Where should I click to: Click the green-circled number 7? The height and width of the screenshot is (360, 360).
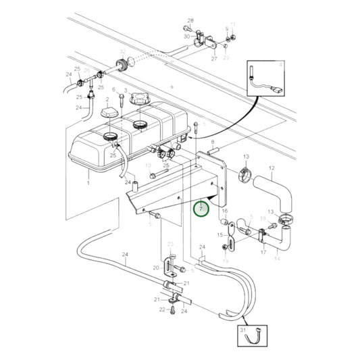point(201,209)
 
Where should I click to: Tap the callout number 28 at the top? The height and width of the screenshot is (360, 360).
point(190,22)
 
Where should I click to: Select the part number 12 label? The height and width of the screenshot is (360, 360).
point(272,168)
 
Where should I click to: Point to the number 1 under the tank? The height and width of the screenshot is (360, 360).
point(89,183)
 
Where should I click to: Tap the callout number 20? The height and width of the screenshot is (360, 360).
point(156,268)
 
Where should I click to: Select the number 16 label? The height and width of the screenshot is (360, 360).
point(225,211)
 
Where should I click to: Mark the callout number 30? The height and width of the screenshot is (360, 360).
point(186,36)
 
